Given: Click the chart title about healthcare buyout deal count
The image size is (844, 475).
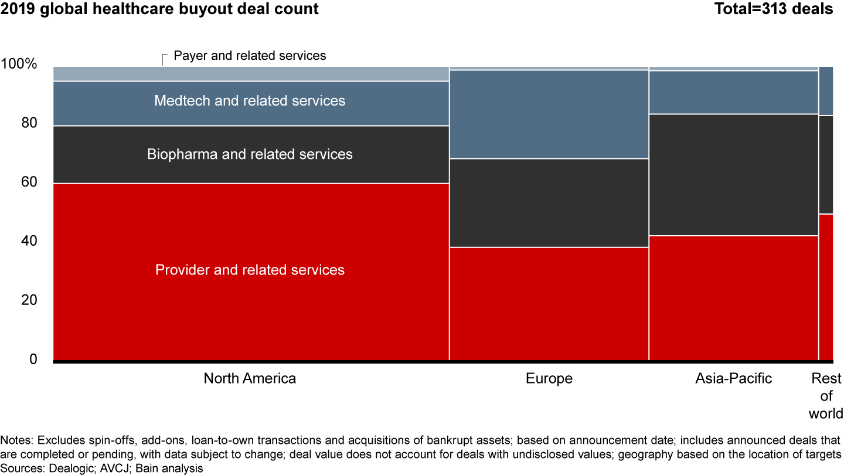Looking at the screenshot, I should pyautogui.click(x=160, y=9).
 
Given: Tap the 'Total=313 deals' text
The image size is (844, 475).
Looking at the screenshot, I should pyautogui.click(x=773, y=9).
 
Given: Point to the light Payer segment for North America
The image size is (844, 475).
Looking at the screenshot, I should pyautogui.click(x=251, y=74).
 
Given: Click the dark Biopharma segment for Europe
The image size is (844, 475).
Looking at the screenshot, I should pyautogui.click(x=549, y=203).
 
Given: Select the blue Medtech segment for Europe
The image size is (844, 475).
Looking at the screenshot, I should pyautogui.click(x=549, y=114).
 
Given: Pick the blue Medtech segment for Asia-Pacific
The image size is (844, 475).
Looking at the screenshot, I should pyautogui.click(x=733, y=92).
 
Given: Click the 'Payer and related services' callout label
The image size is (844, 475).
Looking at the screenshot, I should pyautogui.click(x=250, y=56).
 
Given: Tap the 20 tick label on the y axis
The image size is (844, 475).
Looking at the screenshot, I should pyautogui.click(x=29, y=300).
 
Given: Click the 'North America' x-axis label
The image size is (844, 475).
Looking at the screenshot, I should pyautogui.click(x=250, y=378).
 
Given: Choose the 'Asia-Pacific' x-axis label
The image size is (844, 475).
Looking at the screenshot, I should pyautogui.click(x=733, y=378).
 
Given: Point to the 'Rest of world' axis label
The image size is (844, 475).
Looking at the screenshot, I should pyautogui.click(x=826, y=396).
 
